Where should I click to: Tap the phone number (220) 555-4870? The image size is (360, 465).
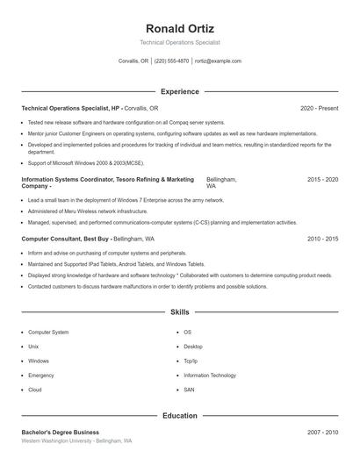coord(171,61)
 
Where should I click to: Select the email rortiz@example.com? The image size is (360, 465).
coord(218,61)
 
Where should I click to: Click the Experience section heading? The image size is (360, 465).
coord(179,91)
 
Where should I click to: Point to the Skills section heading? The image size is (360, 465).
coord(179,311)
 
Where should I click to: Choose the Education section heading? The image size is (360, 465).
coord(179,415)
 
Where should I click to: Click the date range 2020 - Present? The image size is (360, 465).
coord(319,108)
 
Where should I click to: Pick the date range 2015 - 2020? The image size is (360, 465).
coord(322,179)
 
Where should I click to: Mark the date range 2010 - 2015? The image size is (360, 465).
coord(322,238)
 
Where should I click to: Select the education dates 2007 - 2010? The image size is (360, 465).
coord(322,433)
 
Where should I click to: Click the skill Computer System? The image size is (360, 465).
coord(48,333)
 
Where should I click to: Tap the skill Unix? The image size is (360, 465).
coord(35,347)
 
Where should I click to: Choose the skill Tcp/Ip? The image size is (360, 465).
coord(191,361)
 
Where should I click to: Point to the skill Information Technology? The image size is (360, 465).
coord(210,375)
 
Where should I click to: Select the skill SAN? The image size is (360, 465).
coord(189,390)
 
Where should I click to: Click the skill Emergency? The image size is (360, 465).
coord(41,375)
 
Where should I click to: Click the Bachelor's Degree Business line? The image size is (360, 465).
coord(60,433)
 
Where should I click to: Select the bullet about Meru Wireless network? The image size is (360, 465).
coord(88,211)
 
